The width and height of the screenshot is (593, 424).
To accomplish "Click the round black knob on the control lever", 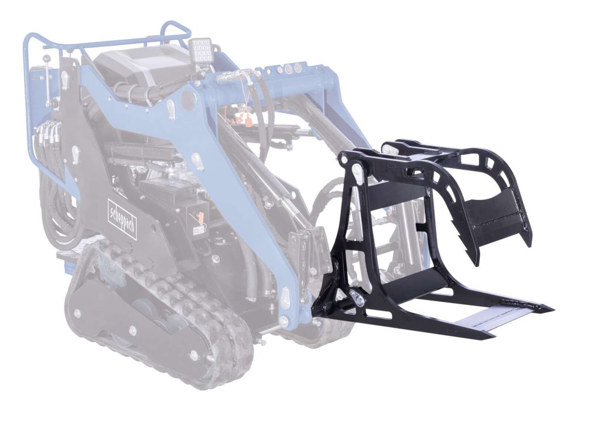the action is (x=47, y=57).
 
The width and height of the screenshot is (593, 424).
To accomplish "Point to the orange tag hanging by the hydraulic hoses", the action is (x=247, y=124).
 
